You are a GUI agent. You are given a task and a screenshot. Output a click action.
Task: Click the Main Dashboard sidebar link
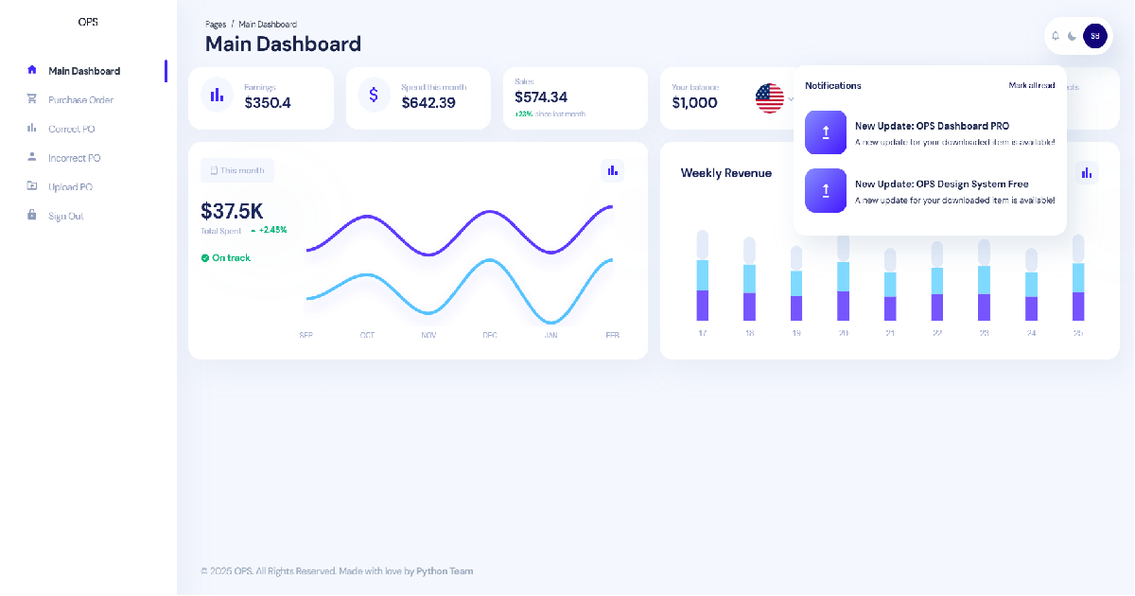tap(84, 71)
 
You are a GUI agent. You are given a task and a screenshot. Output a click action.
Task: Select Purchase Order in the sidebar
tap(80, 100)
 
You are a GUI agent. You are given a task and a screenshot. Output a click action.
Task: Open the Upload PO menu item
tap(70, 187)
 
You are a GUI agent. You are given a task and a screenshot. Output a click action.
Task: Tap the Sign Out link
tap(65, 217)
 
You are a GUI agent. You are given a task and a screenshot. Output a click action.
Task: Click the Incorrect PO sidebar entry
tap(74, 158)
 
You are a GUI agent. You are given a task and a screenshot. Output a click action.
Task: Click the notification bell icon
tap(1056, 36)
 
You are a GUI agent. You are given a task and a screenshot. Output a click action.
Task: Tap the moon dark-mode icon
tap(1072, 36)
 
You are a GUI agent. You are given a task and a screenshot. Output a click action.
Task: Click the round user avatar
tap(1094, 36)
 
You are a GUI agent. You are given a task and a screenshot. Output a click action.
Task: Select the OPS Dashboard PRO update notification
tap(931, 132)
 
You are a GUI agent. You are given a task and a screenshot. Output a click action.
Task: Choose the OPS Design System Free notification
tap(931, 190)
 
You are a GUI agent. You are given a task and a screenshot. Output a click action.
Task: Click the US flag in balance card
tap(770, 98)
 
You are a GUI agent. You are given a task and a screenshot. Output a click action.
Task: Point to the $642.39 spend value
tap(428, 103)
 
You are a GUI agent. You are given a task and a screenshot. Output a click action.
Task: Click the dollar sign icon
tap(374, 95)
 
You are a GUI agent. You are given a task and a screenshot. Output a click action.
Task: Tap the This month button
tap(237, 170)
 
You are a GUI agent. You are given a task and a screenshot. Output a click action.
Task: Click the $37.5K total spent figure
tap(232, 211)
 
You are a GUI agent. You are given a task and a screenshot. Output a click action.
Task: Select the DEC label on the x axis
tap(490, 335)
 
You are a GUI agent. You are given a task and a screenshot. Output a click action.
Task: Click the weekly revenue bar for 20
tap(843, 279)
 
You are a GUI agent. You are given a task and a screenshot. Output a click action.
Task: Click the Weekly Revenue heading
tap(725, 173)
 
